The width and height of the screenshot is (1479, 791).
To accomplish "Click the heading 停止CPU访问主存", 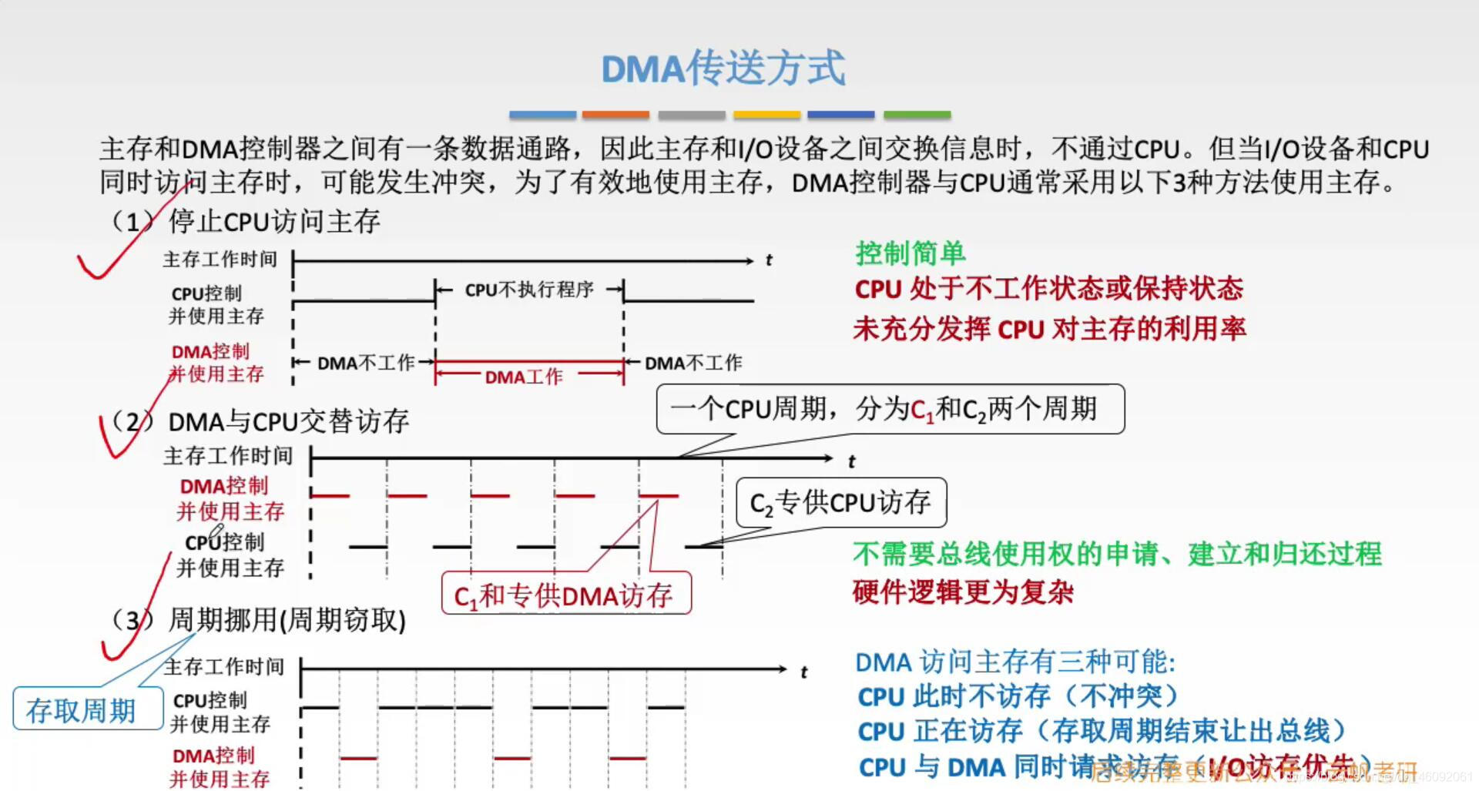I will pyautogui.click(x=274, y=222).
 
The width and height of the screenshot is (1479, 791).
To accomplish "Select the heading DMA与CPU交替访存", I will pyautogui.click(x=288, y=421).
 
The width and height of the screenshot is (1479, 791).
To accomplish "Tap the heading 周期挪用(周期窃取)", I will pyautogui.click(x=287, y=620).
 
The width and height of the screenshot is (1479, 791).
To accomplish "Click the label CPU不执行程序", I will pyautogui.click(x=529, y=290).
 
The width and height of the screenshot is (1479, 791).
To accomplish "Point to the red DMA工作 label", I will pyautogui.click(x=524, y=377).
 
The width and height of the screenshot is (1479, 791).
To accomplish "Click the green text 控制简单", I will pyautogui.click(x=910, y=253).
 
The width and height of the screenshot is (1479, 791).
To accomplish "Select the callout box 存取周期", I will pyautogui.click(x=82, y=710).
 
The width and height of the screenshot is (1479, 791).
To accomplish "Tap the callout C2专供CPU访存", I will pyautogui.click(x=840, y=503).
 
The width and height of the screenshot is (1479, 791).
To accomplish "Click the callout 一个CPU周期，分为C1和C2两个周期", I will pyautogui.click(x=890, y=409).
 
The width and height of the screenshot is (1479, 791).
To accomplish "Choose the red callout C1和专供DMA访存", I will pyautogui.click(x=565, y=595).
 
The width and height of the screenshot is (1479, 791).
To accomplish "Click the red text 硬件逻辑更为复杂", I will pyautogui.click(x=963, y=592).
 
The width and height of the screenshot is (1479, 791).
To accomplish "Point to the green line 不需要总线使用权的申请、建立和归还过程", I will pyautogui.click(x=1117, y=554).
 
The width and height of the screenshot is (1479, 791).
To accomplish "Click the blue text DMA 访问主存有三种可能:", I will pyautogui.click(x=1015, y=662).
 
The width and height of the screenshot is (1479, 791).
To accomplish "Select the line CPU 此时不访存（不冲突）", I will pyautogui.click(x=1018, y=696).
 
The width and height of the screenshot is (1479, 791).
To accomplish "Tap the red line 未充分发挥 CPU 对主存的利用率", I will pyautogui.click(x=1049, y=329).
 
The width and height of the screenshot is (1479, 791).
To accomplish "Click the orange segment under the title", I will pyautogui.click(x=615, y=115).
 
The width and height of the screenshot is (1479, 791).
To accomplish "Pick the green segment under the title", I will pyautogui.click(x=917, y=115).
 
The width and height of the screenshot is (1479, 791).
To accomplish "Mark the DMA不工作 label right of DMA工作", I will pyautogui.click(x=693, y=363).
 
